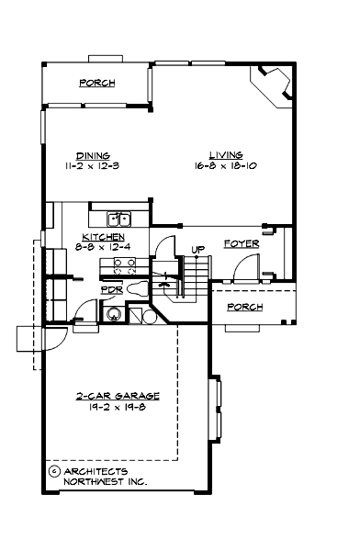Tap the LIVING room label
click(224, 155)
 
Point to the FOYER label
click(241, 244)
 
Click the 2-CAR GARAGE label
click(118, 397)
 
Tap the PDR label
click(110, 288)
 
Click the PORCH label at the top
click(96, 83)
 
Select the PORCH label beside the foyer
click(245, 307)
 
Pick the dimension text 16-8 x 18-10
click(224, 166)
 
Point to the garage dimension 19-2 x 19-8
click(118, 408)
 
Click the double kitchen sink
click(119, 219)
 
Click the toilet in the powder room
click(138, 288)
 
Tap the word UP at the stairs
click(197, 249)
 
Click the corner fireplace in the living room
click(276, 89)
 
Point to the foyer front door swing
click(245, 268)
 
